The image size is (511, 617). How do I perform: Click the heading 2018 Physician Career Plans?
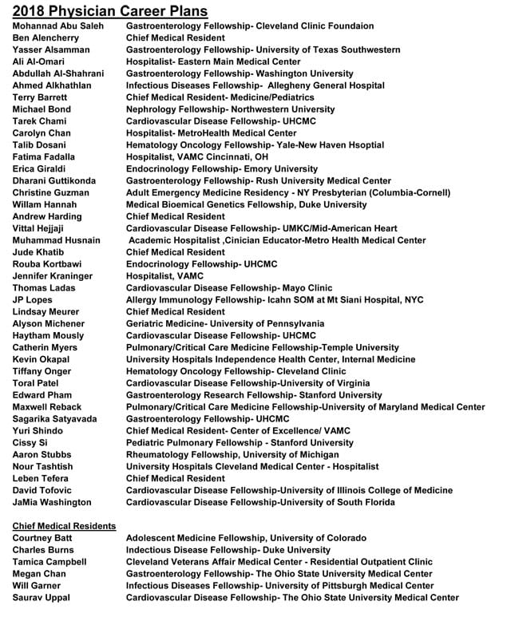[x=111, y=11]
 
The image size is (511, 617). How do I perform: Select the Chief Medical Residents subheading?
[x=65, y=526]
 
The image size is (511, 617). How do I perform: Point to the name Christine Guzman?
[x=51, y=192]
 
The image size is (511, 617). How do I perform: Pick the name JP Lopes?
[x=33, y=299]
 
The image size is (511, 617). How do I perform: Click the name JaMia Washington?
[x=53, y=502]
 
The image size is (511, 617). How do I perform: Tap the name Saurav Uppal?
[x=42, y=597]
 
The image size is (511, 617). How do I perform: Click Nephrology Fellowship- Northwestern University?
[x=231, y=109]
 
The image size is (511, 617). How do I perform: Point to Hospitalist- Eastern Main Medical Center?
[x=213, y=61]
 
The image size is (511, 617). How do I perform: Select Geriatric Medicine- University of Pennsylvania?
[x=225, y=323]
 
